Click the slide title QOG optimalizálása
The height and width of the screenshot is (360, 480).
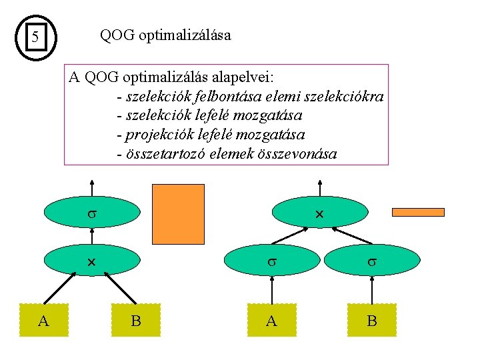coord(165,35)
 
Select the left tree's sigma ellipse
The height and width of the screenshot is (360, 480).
coord(93,213)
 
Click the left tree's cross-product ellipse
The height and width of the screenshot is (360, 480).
coord(93,263)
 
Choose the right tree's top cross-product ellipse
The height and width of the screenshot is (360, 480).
coord(319,213)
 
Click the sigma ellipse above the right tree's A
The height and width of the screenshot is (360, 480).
coord(272,263)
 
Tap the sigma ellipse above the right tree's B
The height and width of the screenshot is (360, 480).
coord(371,263)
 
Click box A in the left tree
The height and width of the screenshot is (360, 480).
coord(44,321)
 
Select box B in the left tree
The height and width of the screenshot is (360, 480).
coord(136,321)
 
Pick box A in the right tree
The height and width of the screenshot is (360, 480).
coord(271,321)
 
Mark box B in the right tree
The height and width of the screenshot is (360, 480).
coord(371,321)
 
